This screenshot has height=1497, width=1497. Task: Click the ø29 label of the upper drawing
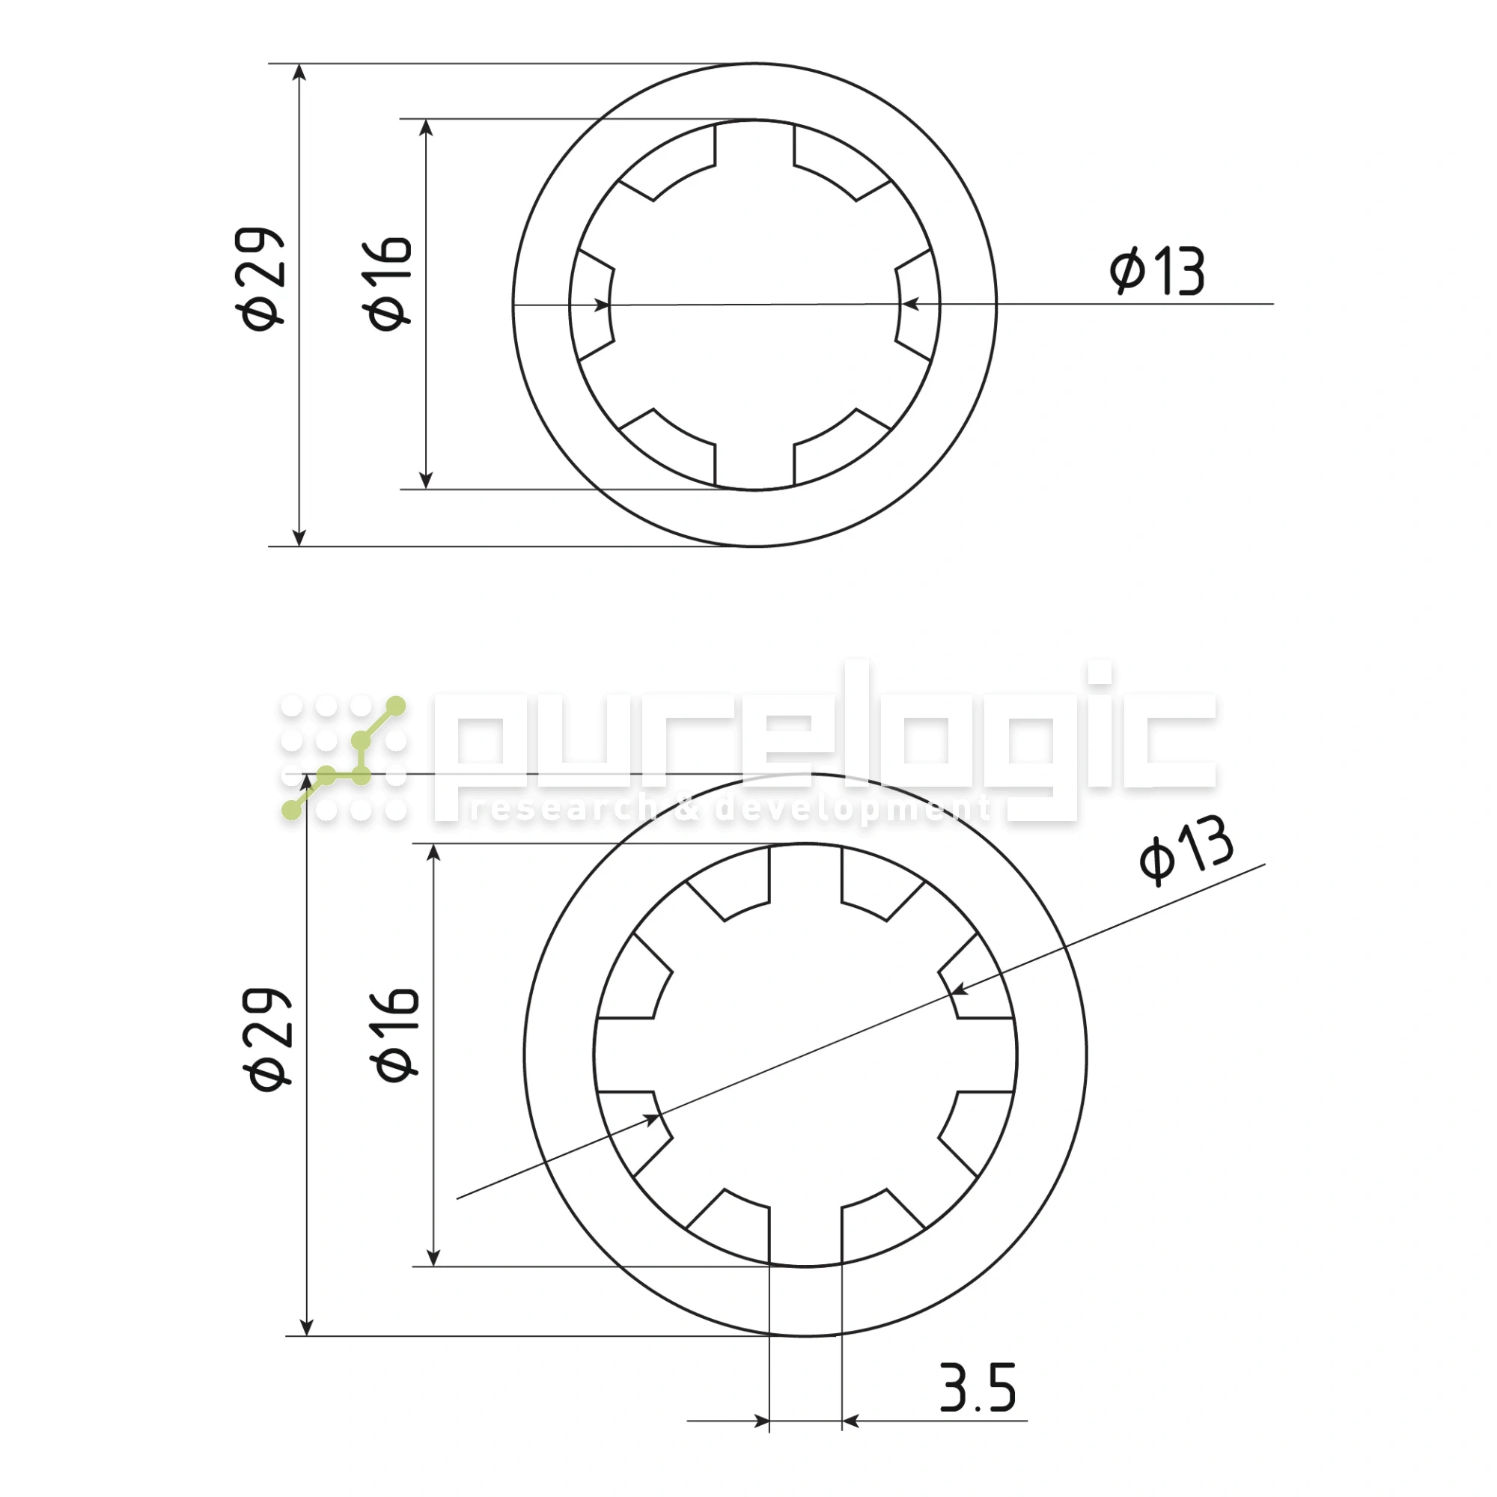260,279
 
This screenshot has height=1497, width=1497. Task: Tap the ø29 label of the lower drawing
268,1040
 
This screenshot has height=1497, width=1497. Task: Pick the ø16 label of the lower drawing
396,1034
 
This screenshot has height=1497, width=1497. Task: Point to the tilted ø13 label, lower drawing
1186,850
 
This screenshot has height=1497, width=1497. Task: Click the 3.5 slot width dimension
977,1388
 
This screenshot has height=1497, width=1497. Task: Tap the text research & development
728,809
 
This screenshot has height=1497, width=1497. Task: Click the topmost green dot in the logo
396,706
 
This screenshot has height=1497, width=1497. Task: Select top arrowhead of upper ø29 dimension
300,73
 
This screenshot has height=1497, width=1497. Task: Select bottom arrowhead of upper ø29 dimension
300,537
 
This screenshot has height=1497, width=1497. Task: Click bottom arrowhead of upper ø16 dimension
425,480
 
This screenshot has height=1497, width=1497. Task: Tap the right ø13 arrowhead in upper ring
911,305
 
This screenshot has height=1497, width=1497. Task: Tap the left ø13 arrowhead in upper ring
601,305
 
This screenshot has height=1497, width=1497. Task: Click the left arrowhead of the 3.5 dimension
761,1421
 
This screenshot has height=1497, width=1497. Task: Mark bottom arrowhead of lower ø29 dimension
307,1326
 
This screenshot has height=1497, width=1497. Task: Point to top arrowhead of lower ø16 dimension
434,853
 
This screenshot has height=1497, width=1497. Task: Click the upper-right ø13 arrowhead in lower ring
960,990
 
